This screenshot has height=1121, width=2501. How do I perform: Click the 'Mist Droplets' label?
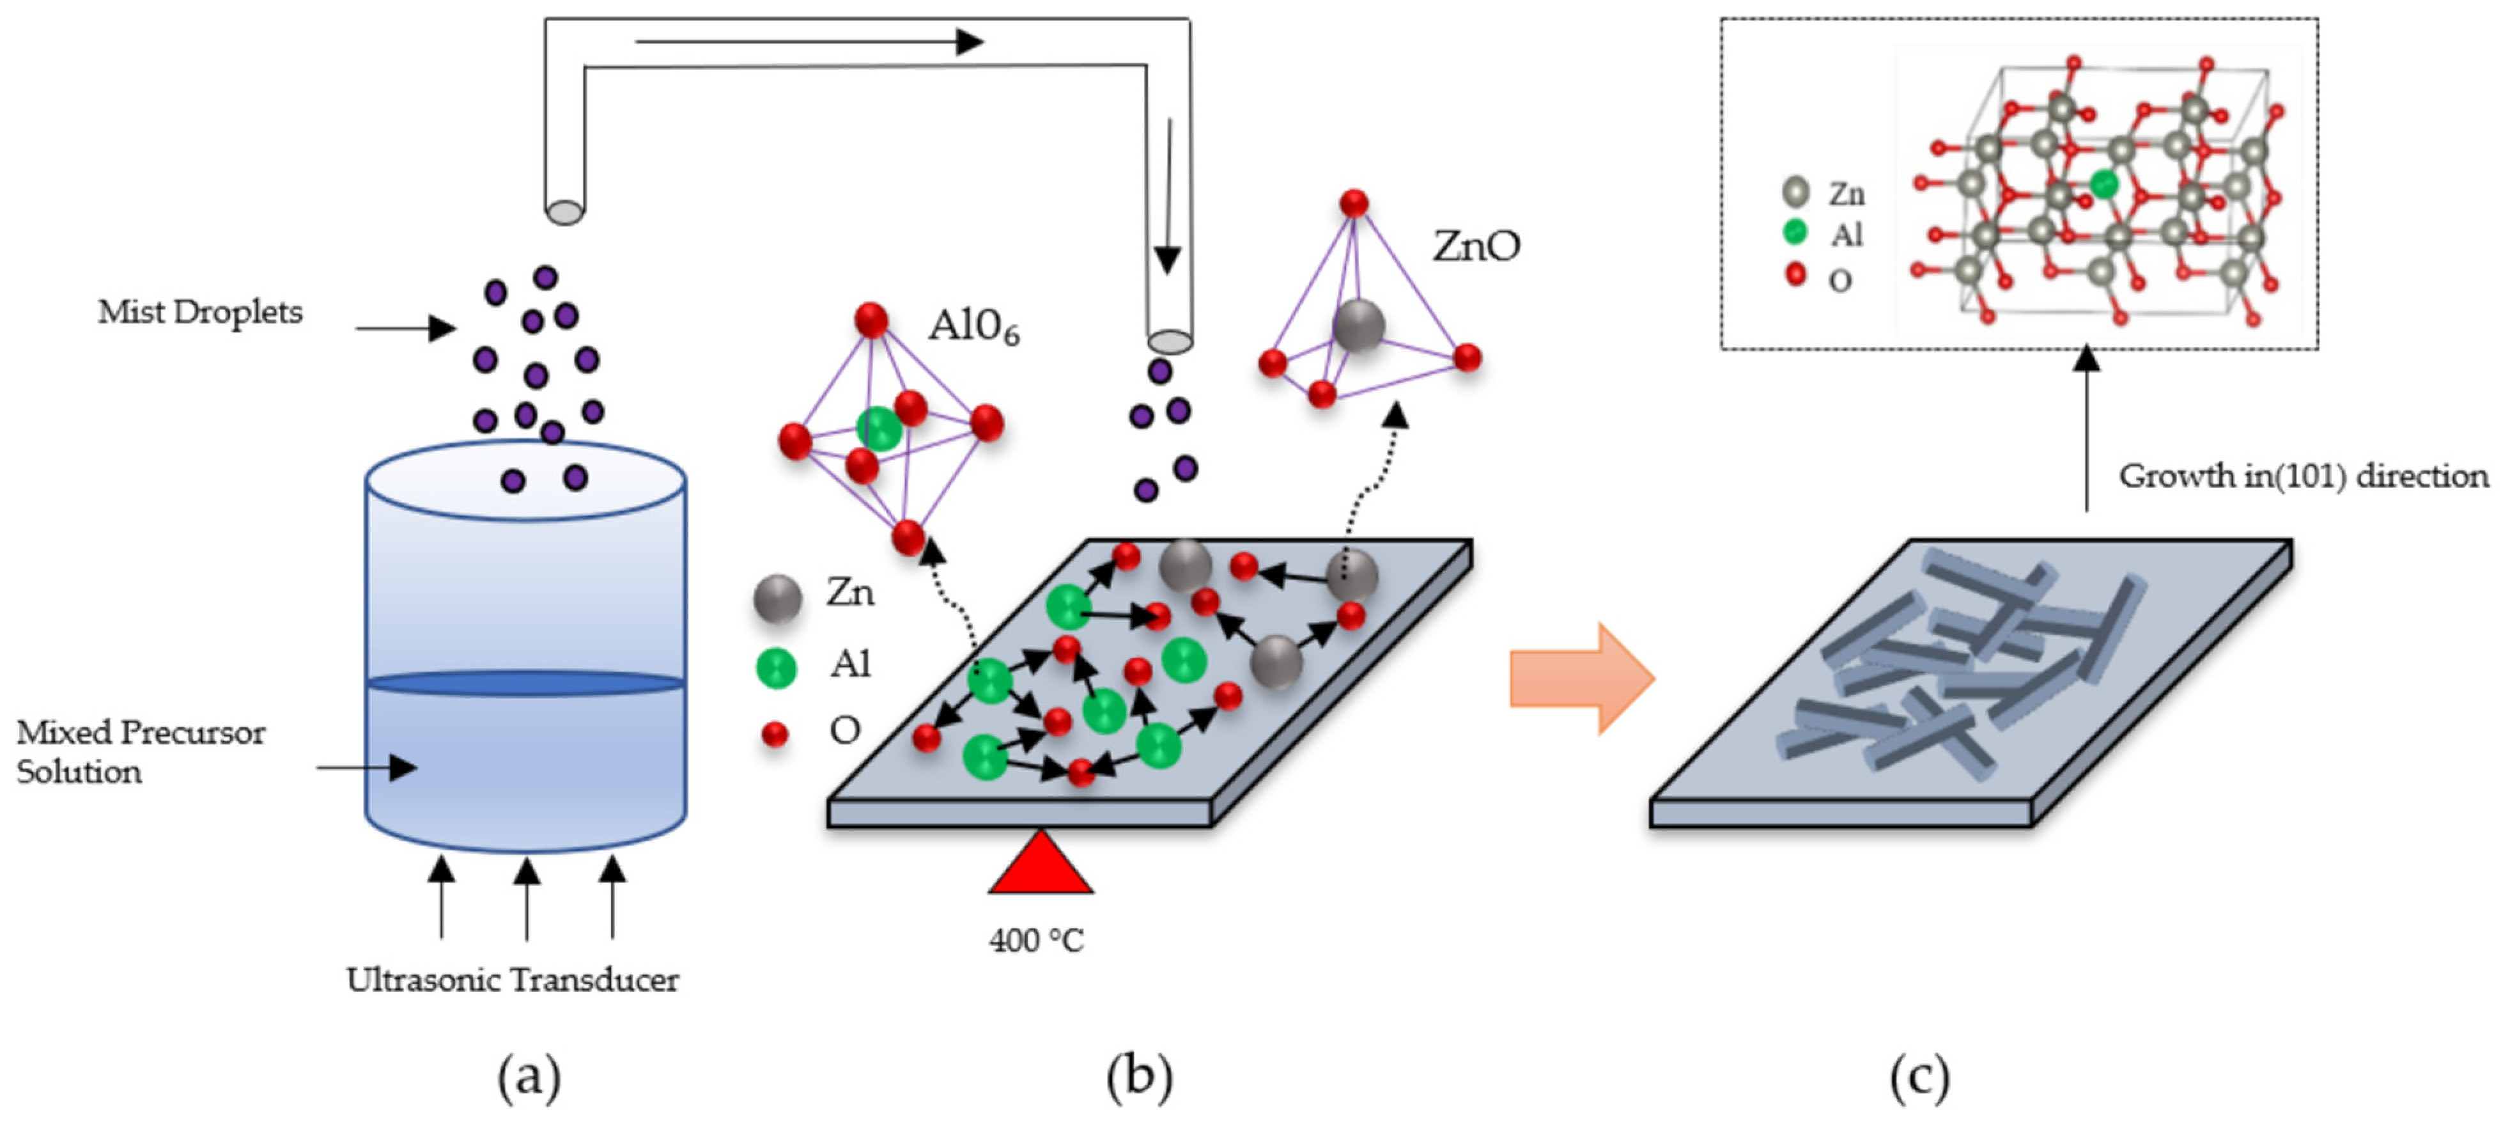200,313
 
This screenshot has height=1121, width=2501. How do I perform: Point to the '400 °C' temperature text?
1036,940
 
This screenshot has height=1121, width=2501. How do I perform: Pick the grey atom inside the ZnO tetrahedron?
1358,325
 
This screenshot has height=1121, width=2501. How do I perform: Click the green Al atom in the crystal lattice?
2103,184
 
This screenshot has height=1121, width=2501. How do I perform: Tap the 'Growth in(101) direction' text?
2303,476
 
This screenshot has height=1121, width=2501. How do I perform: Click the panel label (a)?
529,1076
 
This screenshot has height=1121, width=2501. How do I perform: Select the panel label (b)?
1140,1076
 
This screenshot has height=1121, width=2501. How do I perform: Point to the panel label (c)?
1919,1076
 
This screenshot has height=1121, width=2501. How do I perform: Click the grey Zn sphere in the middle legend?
778,597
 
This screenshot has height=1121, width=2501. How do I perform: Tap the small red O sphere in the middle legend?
775,734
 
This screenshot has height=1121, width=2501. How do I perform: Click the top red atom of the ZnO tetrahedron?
1354,203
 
